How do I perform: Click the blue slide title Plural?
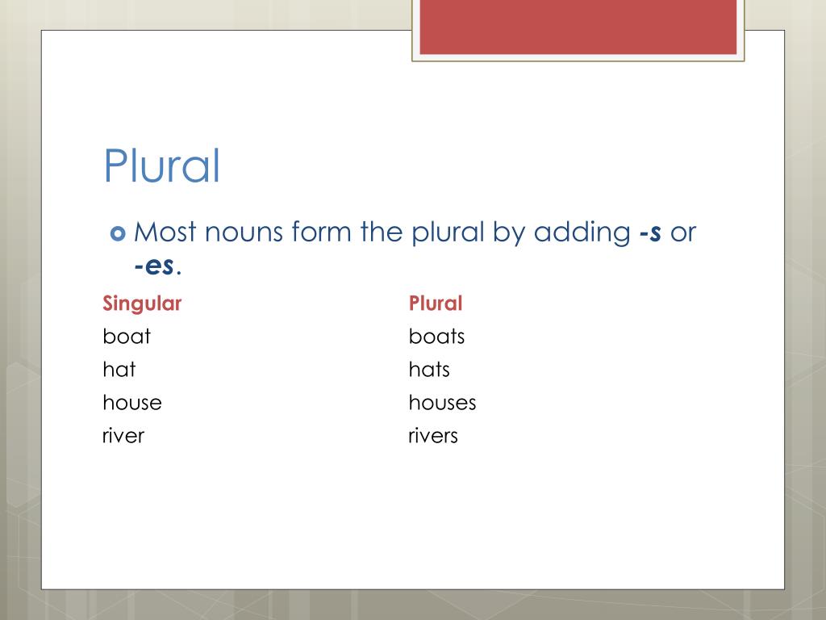coord(161,166)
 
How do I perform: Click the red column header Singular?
coord(142,304)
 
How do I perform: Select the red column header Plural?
coord(436,304)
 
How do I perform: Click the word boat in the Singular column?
coord(127,336)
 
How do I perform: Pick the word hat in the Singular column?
coord(119,370)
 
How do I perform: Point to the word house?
coord(132,403)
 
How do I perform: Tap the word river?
coord(123,436)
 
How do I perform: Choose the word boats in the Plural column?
coord(436,336)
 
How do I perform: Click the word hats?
coord(429,370)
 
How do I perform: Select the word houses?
coord(442,403)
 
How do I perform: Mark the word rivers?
coord(433,436)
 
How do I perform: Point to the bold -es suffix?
coord(154,266)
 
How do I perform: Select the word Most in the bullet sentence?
coord(165,233)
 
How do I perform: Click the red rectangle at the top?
coord(578,27)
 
